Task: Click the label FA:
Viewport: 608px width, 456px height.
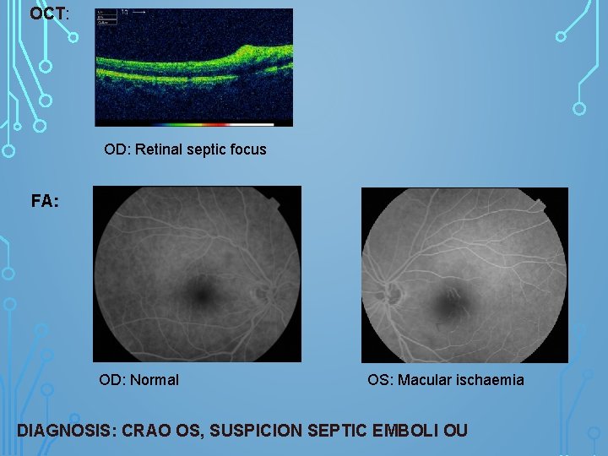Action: coord(45,202)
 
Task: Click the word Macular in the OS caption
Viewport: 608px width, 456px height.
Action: coord(426,380)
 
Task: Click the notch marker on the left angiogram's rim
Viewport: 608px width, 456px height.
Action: coord(272,203)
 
